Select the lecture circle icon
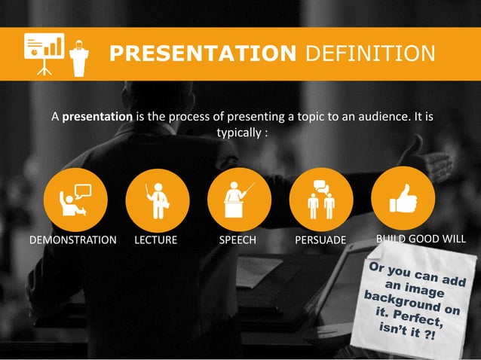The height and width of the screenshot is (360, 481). (x=158, y=198)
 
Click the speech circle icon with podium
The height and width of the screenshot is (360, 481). (x=240, y=198)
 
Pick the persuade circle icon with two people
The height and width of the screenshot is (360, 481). (x=322, y=198)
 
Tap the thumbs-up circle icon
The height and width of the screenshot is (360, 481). (x=403, y=198)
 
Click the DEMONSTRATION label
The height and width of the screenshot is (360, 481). (x=72, y=240)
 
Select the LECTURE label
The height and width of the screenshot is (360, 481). (x=155, y=240)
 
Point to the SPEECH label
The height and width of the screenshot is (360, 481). (x=237, y=240)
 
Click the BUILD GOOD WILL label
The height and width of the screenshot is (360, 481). (x=420, y=239)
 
